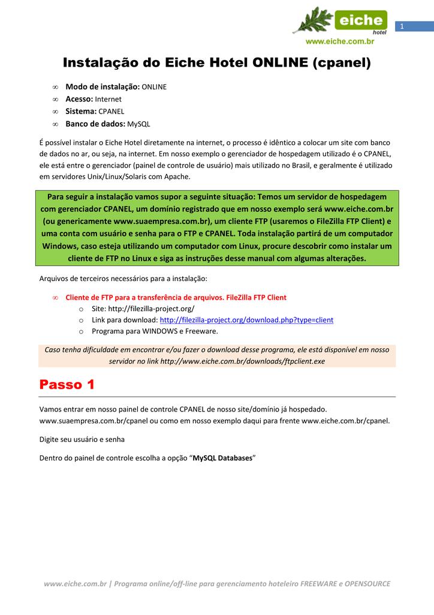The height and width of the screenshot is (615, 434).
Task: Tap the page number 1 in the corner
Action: click(403, 26)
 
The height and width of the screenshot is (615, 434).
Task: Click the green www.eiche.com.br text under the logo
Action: click(340, 41)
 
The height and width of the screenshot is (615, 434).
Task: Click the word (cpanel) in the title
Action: click(341, 62)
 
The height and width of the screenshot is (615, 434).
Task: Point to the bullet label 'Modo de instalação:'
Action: click(103, 87)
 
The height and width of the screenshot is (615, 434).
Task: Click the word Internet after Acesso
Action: click(108, 99)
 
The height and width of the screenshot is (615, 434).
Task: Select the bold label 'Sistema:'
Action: click(81, 112)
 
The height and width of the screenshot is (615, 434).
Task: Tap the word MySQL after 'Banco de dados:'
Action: click(139, 124)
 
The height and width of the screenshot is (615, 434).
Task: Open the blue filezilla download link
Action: click(246, 320)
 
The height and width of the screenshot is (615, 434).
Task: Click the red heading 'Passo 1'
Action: click(67, 384)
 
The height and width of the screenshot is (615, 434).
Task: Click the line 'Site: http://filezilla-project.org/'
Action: click(143, 309)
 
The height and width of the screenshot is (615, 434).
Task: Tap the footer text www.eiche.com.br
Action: click(75, 584)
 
